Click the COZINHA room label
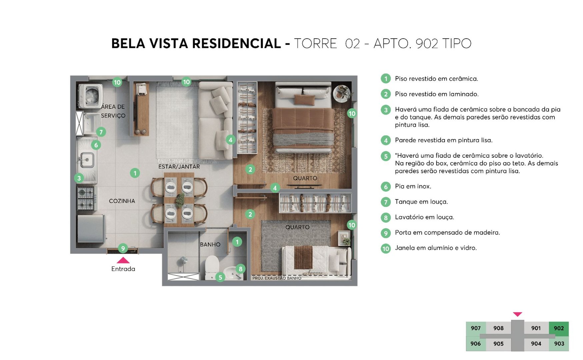point(122,201)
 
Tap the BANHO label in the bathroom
point(210,244)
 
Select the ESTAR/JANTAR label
point(179,167)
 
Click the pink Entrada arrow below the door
point(123,260)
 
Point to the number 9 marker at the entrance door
point(123,248)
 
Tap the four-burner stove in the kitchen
point(85,198)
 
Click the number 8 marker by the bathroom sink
point(240,269)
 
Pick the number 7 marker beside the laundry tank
point(101,132)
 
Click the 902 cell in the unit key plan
point(559,328)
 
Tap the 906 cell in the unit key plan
point(476,344)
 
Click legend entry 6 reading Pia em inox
point(413,186)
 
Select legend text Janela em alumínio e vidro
point(435,248)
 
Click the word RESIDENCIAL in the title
point(236,44)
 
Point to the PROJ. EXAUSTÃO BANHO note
point(277,278)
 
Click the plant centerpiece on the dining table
point(180,200)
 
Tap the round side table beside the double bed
point(342,93)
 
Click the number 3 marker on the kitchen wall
point(79,178)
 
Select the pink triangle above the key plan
point(517,314)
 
